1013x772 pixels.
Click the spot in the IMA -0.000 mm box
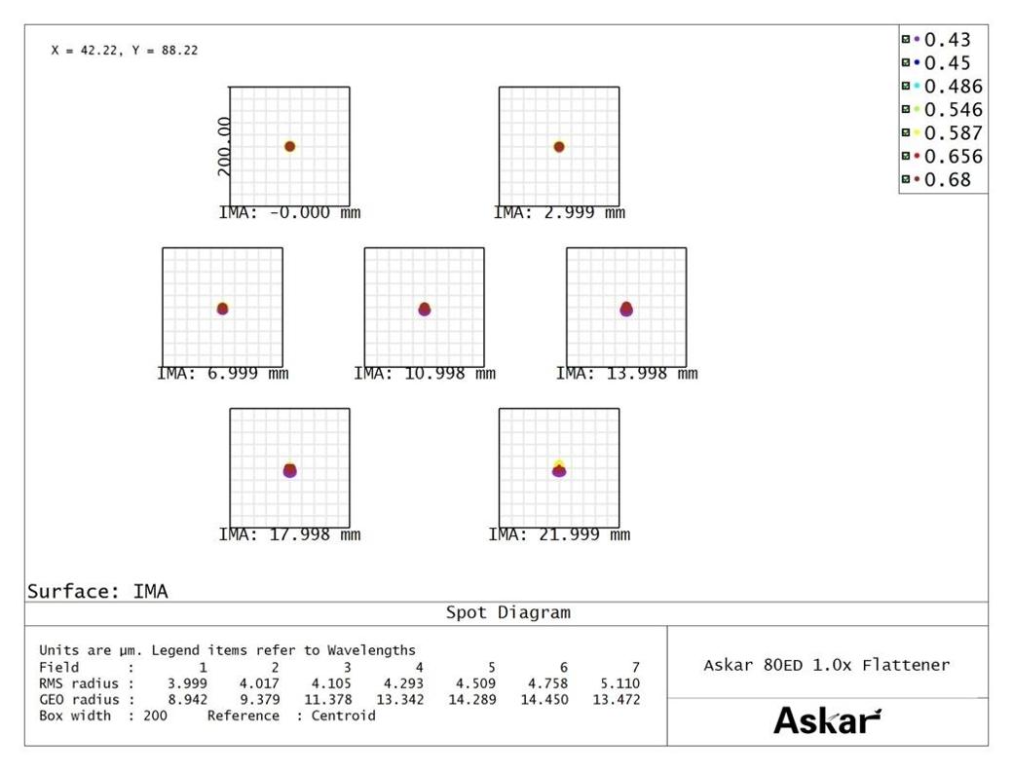click(289, 147)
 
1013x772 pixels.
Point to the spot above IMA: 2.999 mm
click(559, 147)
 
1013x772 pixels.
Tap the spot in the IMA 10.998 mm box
click(425, 309)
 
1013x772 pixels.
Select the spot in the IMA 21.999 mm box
click(559, 469)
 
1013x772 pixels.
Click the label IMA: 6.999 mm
click(223, 374)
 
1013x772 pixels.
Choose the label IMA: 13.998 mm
click(627, 374)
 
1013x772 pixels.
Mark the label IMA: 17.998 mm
click(289, 534)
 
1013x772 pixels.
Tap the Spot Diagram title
click(507, 613)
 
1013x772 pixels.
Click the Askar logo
click(827, 720)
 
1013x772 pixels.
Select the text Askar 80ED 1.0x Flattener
click(826, 665)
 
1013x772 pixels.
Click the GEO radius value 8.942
click(188, 699)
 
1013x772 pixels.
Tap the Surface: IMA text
click(97, 591)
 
